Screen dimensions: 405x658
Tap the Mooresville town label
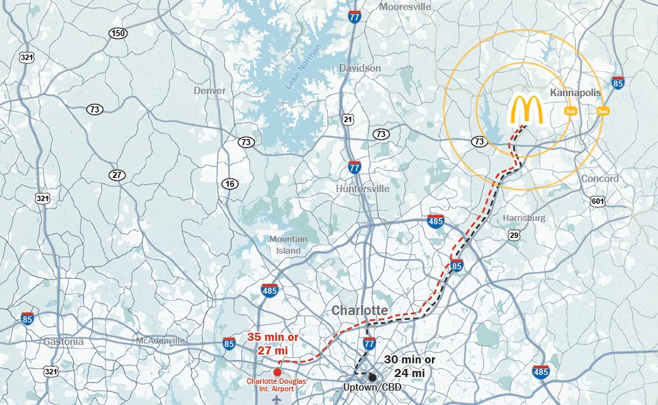[406, 6]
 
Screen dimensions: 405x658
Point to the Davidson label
[360, 68]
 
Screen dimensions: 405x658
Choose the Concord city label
[599, 179]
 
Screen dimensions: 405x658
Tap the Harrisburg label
[524, 217]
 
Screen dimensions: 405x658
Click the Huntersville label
[363, 189]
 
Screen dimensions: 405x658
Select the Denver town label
[209, 90]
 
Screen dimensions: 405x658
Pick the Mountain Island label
[288, 245]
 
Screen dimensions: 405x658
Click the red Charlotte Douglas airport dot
[277, 372]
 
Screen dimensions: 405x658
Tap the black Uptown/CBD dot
[373, 377]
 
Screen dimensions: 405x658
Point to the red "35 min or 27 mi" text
[273, 344]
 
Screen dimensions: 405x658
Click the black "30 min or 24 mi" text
[409, 366]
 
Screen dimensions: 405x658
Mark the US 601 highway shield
[597, 201]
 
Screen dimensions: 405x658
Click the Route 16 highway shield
[229, 183]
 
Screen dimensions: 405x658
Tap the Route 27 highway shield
[117, 175]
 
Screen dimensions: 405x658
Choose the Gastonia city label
[63, 341]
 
